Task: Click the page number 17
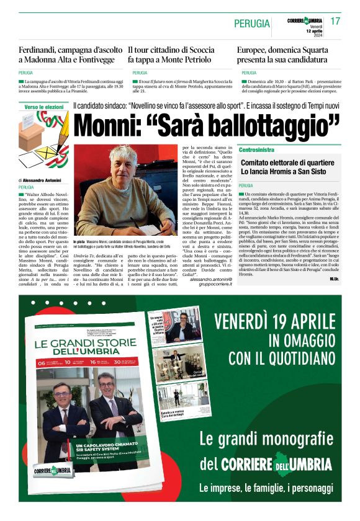335,21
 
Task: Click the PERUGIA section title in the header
252,24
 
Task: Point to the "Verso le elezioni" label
44,107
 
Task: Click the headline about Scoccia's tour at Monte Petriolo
172,54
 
